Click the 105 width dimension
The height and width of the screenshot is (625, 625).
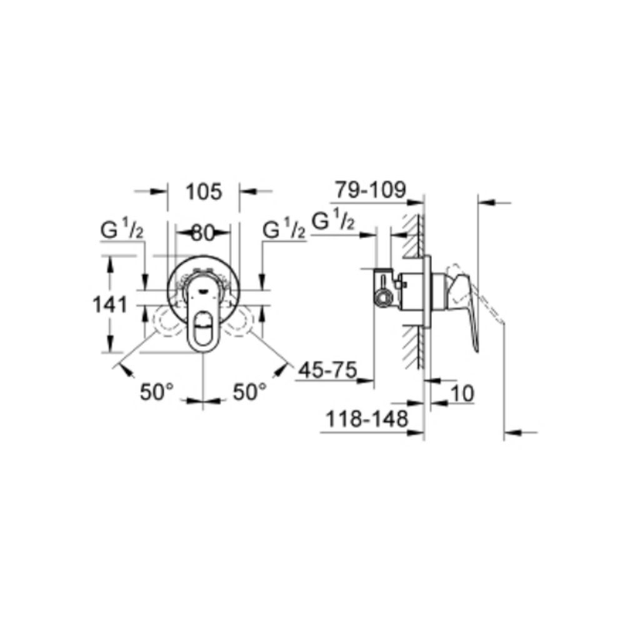[x=204, y=192]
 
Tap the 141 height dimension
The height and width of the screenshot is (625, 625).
[x=110, y=305]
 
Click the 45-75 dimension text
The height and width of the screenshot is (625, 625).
[x=326, y=370]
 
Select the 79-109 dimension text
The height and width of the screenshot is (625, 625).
[x=370, y=189]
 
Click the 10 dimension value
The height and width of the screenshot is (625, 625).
[x=462, y=394]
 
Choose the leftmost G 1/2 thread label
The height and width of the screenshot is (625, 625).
[x=122, y=230]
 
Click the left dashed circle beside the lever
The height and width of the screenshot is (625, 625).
[x=165, y=320]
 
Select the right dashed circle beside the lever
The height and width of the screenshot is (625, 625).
[x=240, y=320]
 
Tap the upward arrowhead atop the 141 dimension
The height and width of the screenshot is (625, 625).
[x=110, y=262]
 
